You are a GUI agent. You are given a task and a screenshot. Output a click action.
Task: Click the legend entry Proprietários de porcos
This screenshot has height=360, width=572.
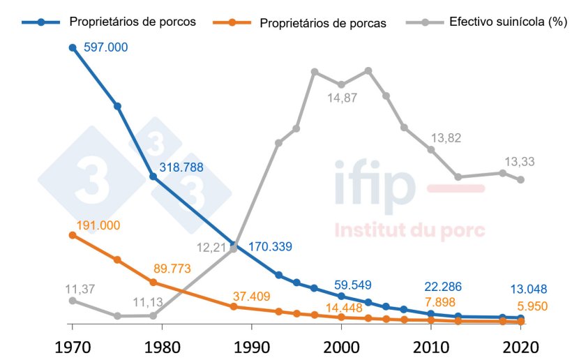[x=132, y=22]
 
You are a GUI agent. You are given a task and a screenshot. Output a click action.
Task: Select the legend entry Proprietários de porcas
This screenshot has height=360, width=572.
[x=322, y=22]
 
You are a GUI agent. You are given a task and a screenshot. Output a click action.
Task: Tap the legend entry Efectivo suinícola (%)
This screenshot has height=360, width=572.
[x=507, y=22]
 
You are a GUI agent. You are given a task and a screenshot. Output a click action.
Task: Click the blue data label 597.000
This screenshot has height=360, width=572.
[x=105, y=47]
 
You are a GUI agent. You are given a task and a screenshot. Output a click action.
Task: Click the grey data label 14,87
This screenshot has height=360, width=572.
[x=343, y=98]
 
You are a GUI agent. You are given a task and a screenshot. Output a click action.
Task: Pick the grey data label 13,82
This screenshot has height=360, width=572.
[x=446, y=138]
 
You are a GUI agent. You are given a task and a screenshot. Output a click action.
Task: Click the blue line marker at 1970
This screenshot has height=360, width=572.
[x=72, y=47]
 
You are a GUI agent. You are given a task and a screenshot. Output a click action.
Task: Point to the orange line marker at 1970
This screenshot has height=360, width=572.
[x=72, y=235]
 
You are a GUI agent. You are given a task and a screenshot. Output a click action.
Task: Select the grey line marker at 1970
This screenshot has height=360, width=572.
[x=72, y=301]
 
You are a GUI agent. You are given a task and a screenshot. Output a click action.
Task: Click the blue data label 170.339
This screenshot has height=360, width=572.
[x=280, y=246]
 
